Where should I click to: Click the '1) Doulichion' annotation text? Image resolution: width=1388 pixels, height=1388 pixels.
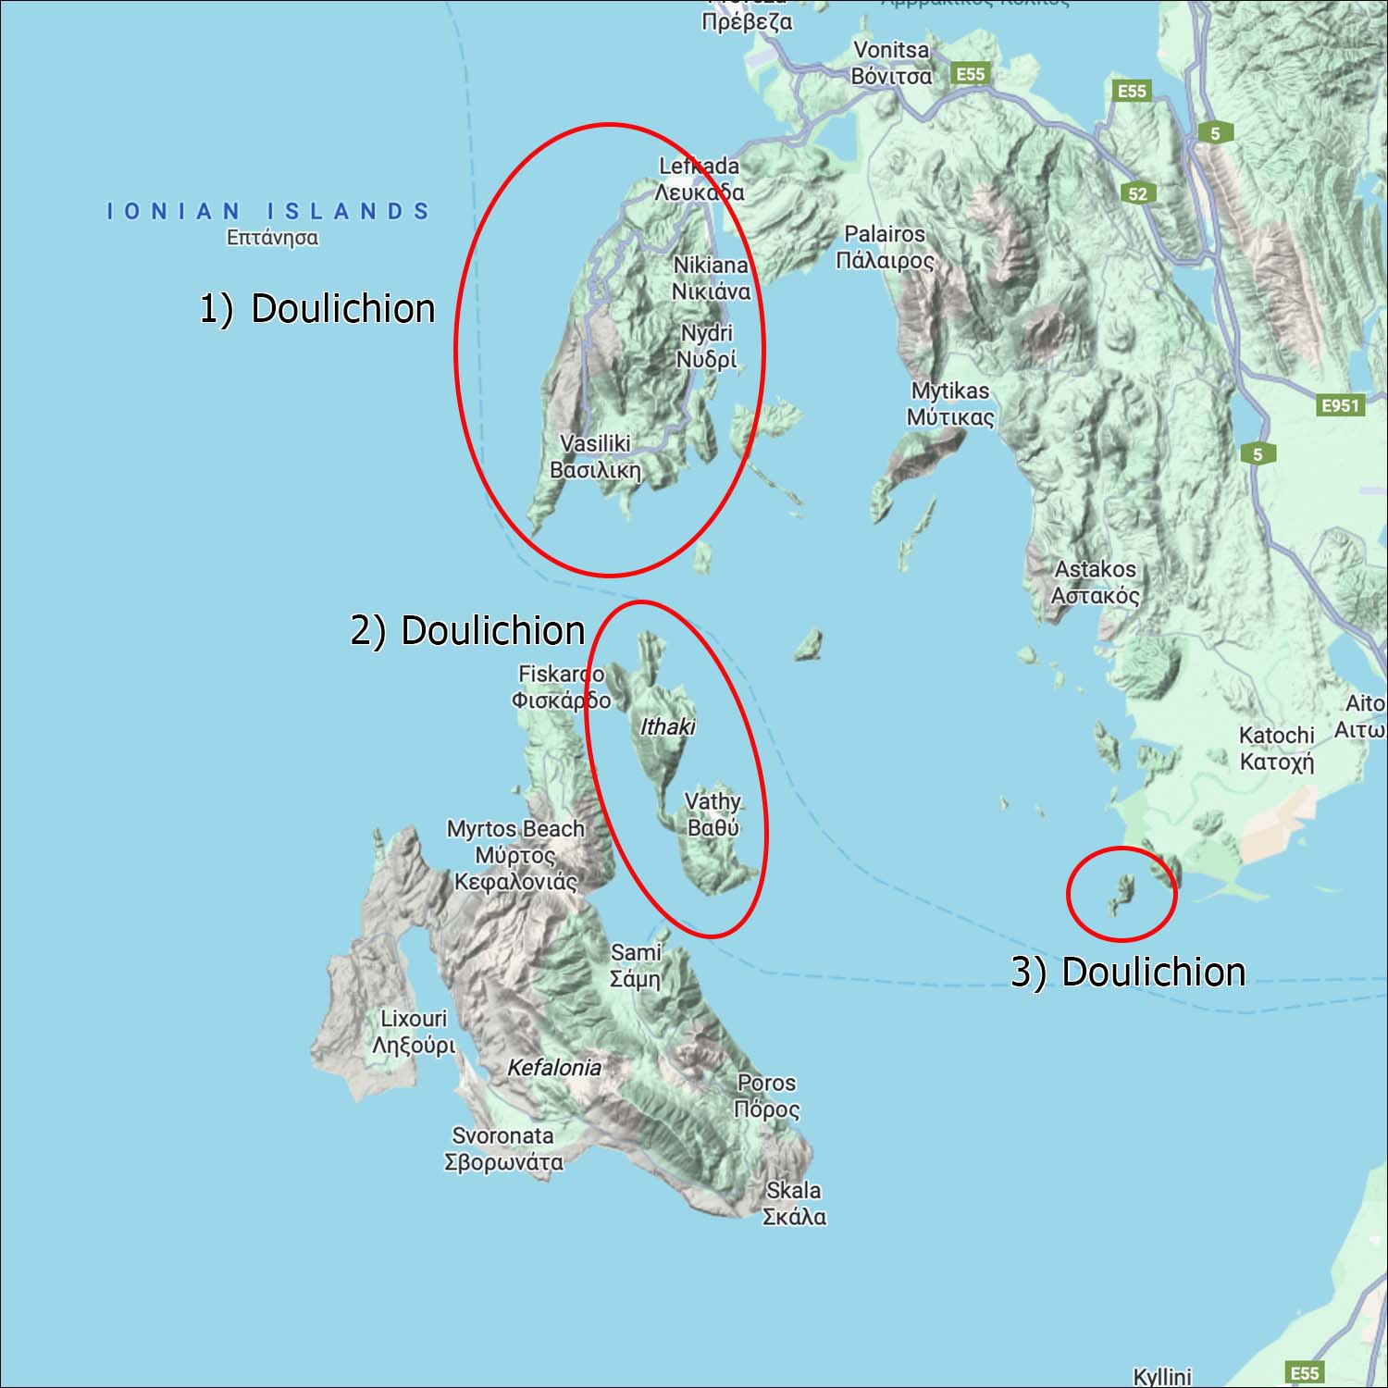point(317,308)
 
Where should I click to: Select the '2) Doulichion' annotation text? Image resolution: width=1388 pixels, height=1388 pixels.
point(467,630)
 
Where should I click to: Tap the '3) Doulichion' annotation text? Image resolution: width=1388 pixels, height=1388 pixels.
point(1128,972)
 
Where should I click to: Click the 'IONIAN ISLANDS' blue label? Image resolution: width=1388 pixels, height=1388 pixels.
point(268,212)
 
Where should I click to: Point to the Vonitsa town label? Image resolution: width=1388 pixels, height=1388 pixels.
point(891,63)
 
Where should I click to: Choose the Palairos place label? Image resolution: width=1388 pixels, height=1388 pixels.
point(885,247)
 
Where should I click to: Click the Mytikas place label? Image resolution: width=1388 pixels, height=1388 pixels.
point(949,403)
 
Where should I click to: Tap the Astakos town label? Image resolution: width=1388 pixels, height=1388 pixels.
point(1095,582)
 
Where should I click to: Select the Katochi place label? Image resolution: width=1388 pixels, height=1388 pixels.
point(1276,748)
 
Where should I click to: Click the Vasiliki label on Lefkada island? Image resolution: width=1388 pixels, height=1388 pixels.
point(595,456)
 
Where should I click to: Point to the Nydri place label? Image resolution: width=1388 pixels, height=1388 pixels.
point(706,346)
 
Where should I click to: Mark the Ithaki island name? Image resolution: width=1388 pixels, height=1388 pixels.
point(667,727)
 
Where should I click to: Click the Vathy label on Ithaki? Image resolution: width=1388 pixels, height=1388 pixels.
point(713,814)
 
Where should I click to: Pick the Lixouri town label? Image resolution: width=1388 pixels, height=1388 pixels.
point(414,1032)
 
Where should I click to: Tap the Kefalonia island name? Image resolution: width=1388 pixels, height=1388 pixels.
point(554,1068)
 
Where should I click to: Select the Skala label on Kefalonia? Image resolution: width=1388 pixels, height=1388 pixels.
point(793,1203)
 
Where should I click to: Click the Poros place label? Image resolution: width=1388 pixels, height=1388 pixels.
point(766,1096)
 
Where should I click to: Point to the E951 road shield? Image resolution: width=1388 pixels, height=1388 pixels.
point(1340,405)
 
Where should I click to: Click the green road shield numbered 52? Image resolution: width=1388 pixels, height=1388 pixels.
point(1137,193)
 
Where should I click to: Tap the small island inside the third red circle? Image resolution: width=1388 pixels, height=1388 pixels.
point(1122,892)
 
